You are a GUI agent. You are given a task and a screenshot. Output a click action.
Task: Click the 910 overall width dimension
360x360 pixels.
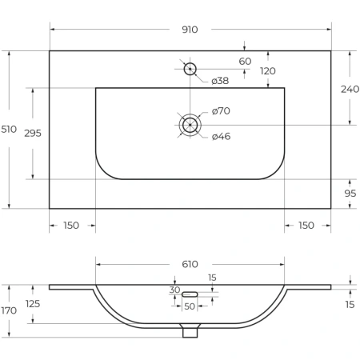point(190,30)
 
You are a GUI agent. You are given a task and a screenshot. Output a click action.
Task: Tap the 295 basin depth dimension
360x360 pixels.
point(33,133)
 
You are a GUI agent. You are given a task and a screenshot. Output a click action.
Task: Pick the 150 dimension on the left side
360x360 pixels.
point(71,226)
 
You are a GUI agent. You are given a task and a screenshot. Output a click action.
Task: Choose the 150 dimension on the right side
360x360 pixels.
point(306,226)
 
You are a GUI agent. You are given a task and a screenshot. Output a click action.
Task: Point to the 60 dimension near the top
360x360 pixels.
point(245,62)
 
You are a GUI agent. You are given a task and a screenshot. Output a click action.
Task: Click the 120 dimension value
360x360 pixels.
point(267,71)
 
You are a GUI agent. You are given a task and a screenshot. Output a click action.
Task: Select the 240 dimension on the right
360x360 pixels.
point(350,89)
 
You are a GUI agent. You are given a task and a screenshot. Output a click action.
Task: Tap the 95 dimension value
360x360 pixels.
point(350,194)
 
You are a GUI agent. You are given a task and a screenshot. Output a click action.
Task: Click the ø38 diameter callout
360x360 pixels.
point(221,82)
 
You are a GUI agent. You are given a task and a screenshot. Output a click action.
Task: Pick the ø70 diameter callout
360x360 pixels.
point(221,111)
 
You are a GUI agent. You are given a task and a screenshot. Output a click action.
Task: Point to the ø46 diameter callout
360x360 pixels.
point(221,136)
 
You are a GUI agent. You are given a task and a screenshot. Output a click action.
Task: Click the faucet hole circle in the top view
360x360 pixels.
point(190,69)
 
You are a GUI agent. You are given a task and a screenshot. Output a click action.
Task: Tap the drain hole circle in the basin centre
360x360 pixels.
point(190,125)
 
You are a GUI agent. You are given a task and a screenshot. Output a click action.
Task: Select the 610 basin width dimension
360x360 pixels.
point(190,264)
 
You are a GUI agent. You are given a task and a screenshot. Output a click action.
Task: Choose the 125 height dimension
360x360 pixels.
point(33,304)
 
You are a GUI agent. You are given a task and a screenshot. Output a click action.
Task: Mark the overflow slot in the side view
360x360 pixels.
point(190,293)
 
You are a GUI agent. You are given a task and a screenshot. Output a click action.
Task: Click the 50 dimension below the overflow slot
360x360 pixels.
point(190,306)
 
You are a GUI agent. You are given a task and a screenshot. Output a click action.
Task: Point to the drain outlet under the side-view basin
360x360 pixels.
point(190,330)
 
